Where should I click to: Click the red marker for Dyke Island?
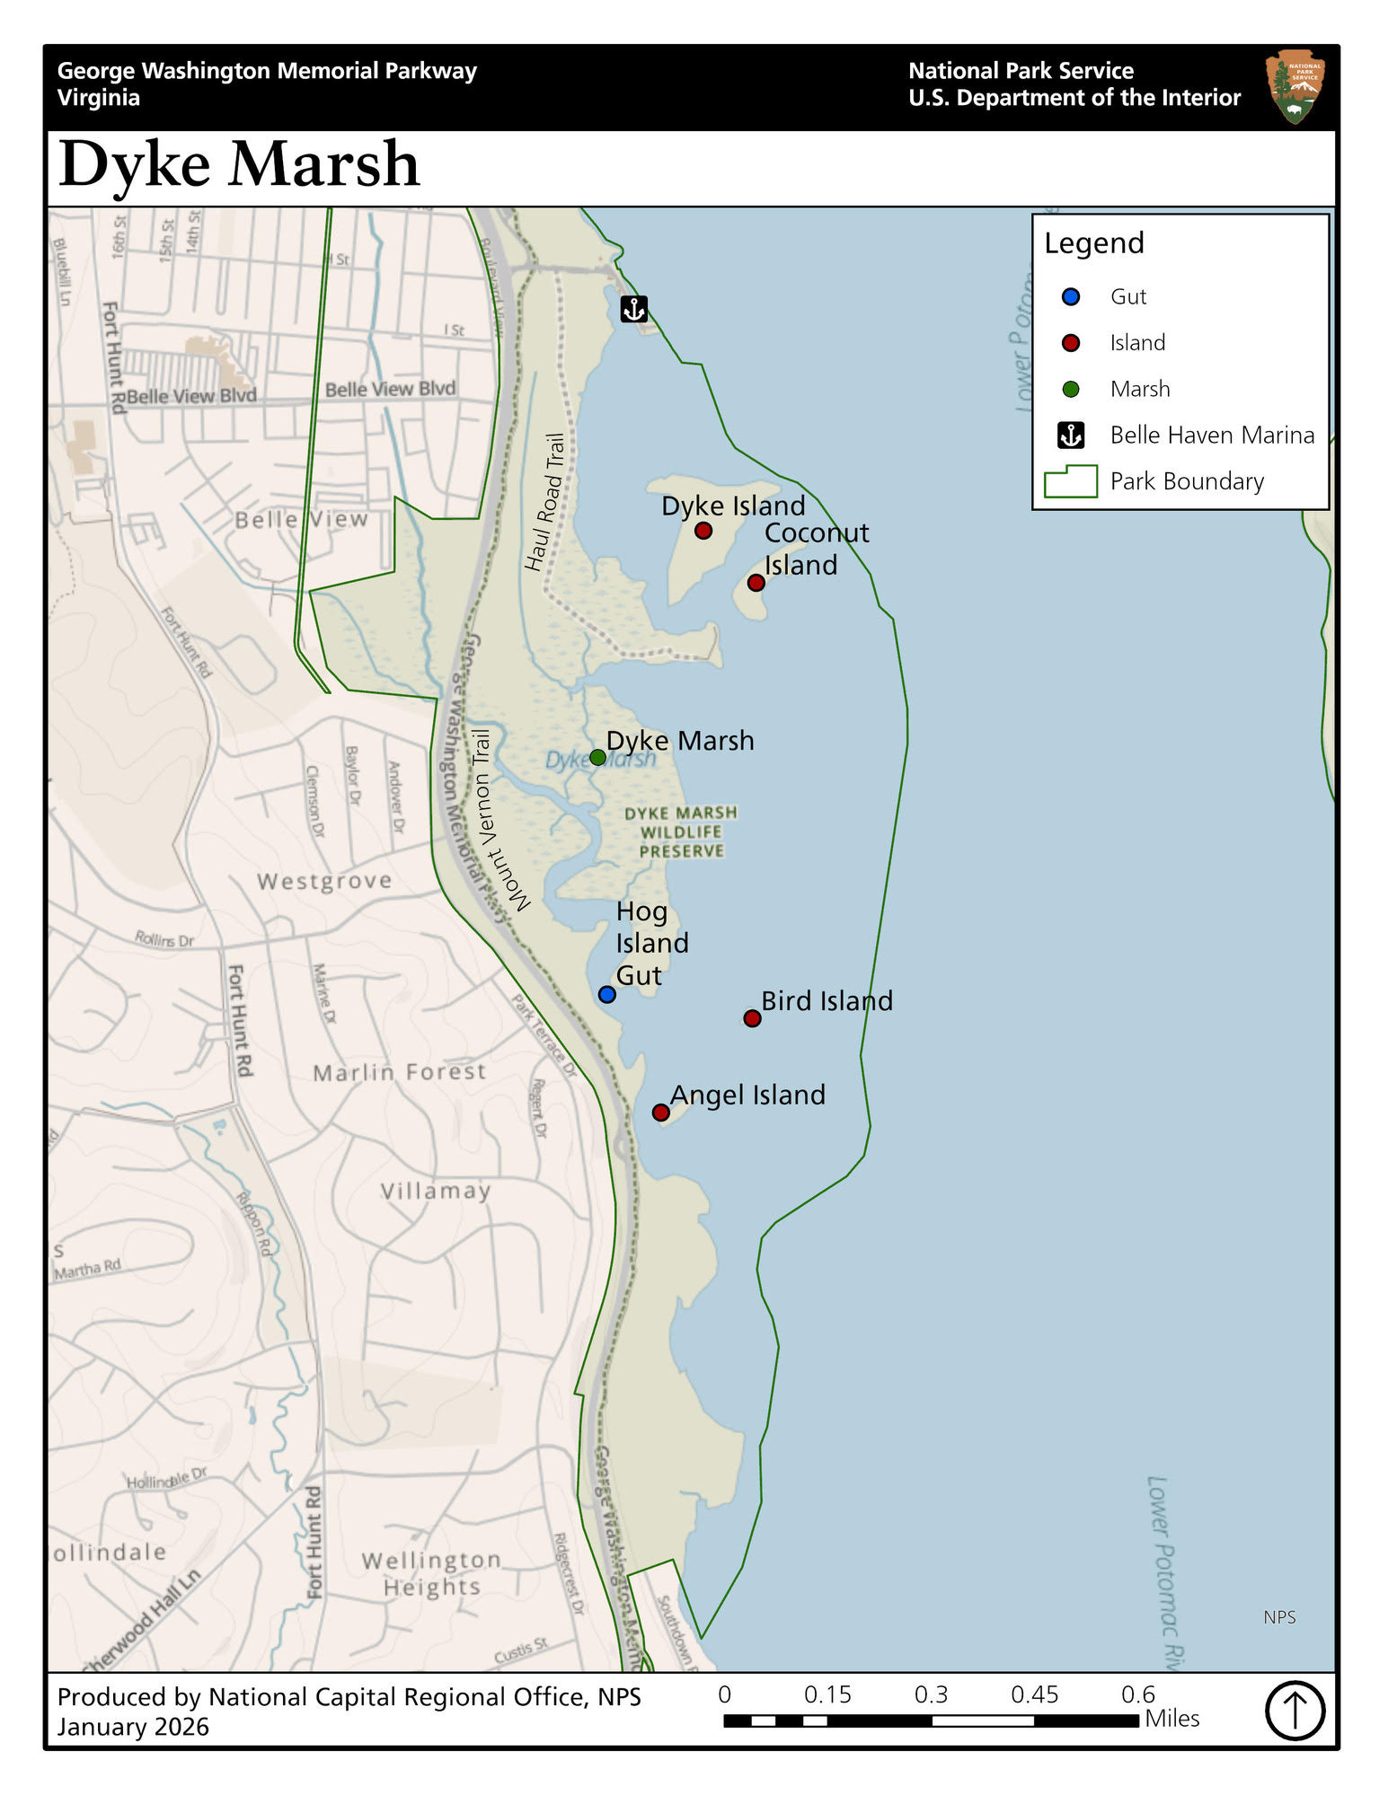coord(703,531)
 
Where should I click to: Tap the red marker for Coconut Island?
coord(756,583)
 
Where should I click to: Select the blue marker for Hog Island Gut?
coord(607,994)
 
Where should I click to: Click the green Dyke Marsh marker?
coord(597,757)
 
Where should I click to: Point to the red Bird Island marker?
coord(753,1018)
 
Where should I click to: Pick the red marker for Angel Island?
coord(661,1113)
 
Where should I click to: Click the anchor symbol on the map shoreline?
coord(634,310)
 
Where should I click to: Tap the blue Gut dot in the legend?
coord(1071,296)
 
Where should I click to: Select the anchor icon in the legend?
coord(1071,436)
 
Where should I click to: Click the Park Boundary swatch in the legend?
coord(1071,482)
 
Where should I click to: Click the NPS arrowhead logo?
coord(1295,87)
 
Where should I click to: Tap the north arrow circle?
coord(1295,1710)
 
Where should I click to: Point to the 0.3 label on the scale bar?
coord(931,1694)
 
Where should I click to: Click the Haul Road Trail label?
coord(545,503)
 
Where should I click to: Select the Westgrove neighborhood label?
coord(324,881)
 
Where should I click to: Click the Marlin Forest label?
coord(400,1072)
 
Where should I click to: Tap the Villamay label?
coord(436,1191)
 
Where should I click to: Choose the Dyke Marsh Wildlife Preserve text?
coord(681,832)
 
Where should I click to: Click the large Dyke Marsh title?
coord(239,165)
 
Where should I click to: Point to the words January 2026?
coord(133,1727)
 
